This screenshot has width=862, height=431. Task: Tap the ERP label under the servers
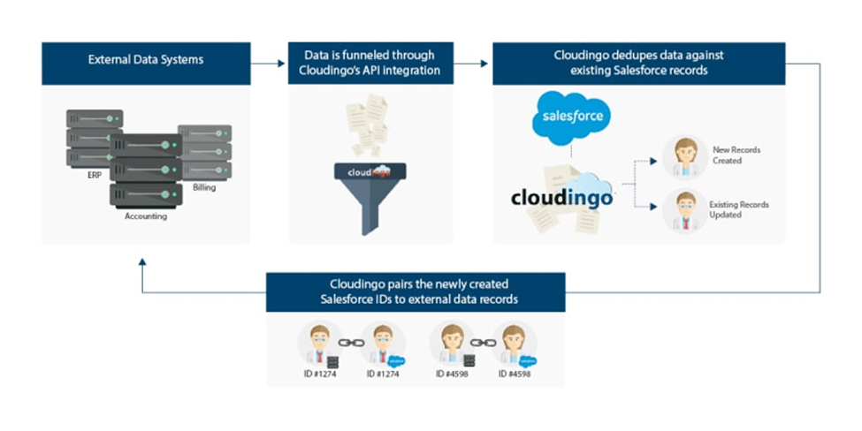[x=95, y=175]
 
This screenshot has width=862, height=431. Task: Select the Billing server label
[x=204, y=188]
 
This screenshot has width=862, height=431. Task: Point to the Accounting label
[x=146, y=216]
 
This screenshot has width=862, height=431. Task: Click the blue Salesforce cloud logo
[x=571, y=117]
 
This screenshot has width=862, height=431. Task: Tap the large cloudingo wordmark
[x=561, y=197]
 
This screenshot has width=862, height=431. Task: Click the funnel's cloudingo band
[x=370, y=172]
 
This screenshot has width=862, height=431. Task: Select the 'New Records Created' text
[x=736, y=155]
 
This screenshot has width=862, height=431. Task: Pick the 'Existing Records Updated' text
[x=738, y=209]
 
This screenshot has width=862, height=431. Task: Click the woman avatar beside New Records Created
[x=685, y=157]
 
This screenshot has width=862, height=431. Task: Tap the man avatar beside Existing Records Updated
[x=685, y=210]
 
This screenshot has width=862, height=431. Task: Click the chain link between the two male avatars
[x=351, y=343]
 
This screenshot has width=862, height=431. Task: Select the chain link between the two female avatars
[x=484, y=343]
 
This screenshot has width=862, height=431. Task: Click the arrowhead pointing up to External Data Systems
[x=142, y=262]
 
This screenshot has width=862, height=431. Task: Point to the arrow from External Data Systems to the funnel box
[x=268, y=64]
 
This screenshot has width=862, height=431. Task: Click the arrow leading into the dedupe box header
[x=470, y=64]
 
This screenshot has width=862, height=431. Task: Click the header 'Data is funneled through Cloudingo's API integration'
[x=370, y=63]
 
